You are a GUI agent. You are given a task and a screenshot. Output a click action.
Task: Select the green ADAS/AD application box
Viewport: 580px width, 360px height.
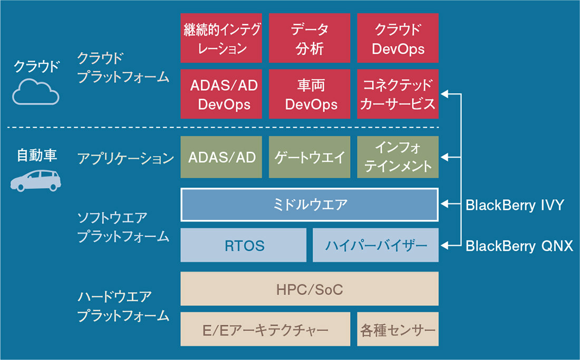221,157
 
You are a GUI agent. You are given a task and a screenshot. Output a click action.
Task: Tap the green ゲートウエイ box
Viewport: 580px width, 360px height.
310,157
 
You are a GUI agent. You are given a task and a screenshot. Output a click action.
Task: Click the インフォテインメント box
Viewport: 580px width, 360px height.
398,157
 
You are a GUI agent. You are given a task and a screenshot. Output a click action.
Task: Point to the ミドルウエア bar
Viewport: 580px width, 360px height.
310,205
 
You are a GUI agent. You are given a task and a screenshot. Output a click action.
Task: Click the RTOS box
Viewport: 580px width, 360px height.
243,245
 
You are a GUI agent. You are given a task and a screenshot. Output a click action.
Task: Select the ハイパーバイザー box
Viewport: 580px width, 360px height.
375,245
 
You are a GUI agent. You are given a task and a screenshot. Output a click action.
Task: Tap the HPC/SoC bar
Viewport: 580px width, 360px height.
310,289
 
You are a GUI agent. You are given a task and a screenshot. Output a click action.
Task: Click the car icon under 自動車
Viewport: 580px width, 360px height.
35,180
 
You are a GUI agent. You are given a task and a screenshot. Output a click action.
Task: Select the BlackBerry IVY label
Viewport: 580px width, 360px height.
515,205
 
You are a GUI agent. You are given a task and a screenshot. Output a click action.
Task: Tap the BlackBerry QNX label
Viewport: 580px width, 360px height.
519,246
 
